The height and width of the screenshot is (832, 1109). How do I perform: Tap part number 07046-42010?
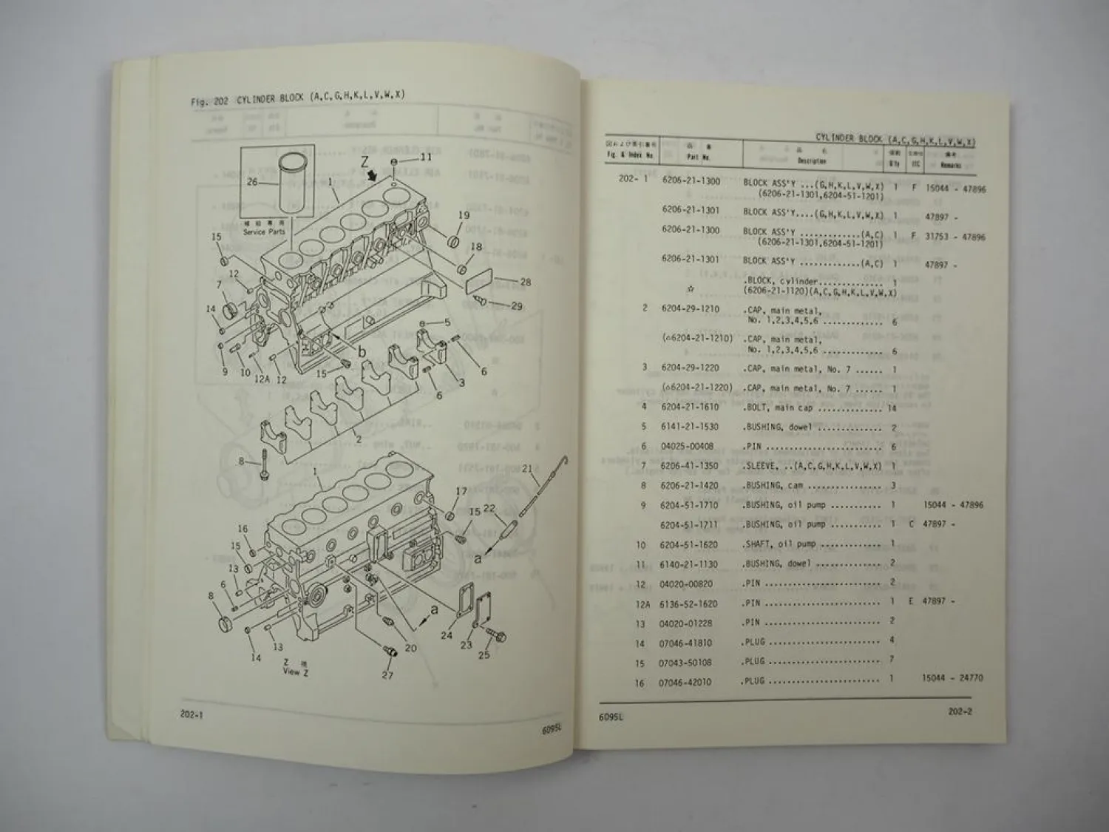685,682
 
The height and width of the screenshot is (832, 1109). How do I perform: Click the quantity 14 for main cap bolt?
892,407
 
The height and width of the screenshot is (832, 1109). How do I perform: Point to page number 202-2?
960,712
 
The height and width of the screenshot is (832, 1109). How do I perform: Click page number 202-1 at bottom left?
192,714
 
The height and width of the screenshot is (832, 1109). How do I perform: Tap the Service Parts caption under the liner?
264,232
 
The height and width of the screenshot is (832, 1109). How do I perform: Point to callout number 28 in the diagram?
525,282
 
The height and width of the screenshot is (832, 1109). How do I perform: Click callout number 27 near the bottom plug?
387,674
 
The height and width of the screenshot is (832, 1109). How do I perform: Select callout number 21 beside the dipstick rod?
527,467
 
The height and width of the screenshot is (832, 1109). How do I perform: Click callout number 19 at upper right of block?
464,215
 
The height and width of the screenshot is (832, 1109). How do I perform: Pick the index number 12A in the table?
644,603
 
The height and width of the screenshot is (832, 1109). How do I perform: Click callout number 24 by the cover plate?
447,635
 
